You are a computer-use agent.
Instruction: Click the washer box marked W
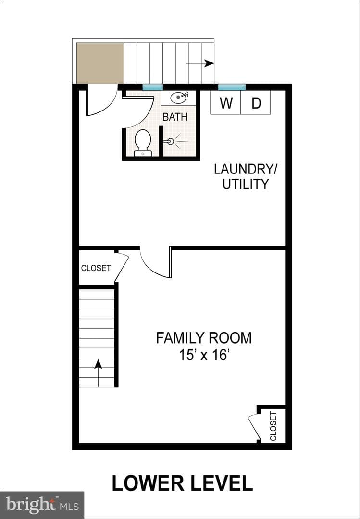coord(225,102)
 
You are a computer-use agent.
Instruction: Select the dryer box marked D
coord(256,102)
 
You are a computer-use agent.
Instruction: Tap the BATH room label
coord(175,117)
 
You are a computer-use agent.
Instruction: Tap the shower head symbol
coord(171,142)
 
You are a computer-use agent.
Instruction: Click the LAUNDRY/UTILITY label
coord(246,176)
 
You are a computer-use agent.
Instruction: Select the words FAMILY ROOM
coord(204,338)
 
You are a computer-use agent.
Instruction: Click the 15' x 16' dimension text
coord(204,355)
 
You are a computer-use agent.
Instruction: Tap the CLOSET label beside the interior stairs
coord(96,268)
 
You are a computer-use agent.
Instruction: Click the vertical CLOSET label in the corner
coord(273,426)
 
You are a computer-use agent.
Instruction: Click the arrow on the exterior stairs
coord(200,63)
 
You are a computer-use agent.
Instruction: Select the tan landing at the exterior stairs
coord(100,63)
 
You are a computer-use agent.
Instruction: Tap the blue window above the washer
coord(232,87)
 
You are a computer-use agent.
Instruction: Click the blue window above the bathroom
coord(153,87)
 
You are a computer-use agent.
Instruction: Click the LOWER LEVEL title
coord(182,483)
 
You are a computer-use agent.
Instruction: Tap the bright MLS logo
coord(42,505)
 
